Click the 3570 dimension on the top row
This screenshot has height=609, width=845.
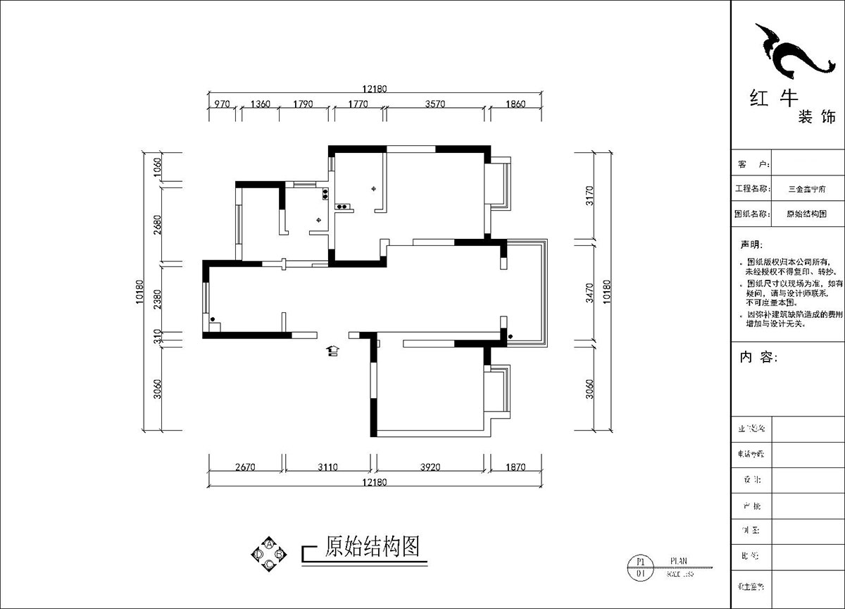click(x=436, y=104)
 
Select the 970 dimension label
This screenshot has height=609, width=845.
click(x=223, y=104)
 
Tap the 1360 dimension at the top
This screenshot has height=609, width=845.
click(x=260, y=104)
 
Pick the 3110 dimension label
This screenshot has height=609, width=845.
click(x=327, y=467)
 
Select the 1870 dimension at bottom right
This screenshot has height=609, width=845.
click(x=516, y=467)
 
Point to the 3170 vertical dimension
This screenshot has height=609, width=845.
click(x=590, y=195)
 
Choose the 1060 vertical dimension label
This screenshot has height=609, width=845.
click(x=158, y=168)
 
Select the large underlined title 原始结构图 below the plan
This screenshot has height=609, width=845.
click(x=373, y=546)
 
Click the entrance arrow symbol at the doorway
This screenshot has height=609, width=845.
click(x=332, y=350)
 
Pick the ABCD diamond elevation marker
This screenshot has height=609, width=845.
click(x=268, y=554)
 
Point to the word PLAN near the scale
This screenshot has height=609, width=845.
click(x=678, y=561)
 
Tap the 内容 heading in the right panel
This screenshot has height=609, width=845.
click(x=758, y=357)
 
